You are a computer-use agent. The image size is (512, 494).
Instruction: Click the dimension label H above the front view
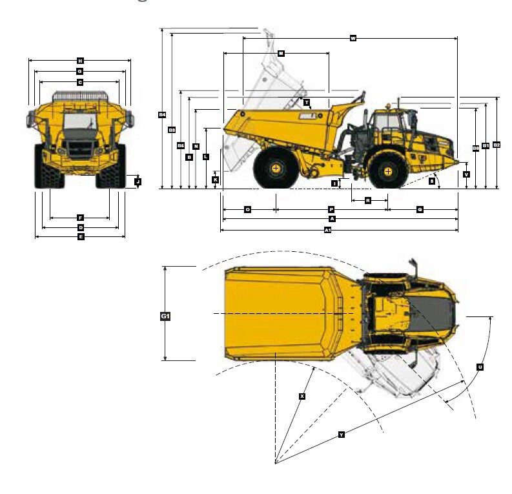click(80, 61)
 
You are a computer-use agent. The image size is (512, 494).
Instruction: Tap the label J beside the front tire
click(138, 181)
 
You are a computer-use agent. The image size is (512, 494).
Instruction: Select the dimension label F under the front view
click(80, 218)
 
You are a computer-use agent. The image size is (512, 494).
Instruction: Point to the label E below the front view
click(81, 237)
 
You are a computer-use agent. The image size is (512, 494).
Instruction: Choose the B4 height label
click(162, 115)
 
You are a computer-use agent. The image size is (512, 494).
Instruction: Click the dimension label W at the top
click(353, 38)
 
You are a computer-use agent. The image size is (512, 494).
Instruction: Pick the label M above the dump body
click(281, 54)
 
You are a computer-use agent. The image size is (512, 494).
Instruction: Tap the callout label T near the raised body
click(307, 102)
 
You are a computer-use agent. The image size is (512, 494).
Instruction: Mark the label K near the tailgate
click(216, 180)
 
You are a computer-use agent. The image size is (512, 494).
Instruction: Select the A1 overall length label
click(328, 229)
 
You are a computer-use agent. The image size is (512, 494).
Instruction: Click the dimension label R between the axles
click(368, 200)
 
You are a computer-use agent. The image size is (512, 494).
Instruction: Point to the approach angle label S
click(431, 181)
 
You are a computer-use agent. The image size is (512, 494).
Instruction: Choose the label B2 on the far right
click(497, 145)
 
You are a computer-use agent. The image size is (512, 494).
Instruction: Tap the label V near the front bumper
click(466, 174)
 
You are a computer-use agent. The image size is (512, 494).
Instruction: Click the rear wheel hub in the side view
click(276, 169)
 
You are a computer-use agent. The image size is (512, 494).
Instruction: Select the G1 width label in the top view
click(165, 316)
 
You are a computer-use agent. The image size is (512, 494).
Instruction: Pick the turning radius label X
click(302, 396)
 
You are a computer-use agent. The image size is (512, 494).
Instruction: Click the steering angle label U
click(480, 367)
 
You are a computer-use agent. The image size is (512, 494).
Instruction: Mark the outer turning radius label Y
click(342, 435)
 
